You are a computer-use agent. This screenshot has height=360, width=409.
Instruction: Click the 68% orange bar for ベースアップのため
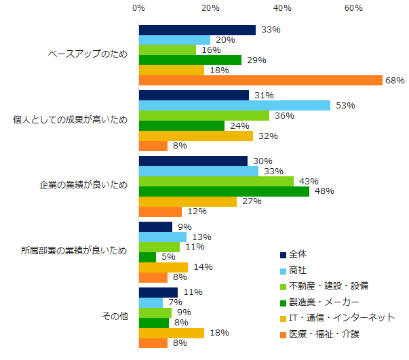260,80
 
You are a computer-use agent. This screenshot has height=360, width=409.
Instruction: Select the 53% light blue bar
234,105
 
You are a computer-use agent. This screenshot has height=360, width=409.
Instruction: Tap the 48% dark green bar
224,191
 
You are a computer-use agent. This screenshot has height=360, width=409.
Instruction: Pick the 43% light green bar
216,181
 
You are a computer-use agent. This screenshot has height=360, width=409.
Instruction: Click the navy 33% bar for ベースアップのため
197,30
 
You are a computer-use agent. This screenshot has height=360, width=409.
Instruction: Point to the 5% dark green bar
147,257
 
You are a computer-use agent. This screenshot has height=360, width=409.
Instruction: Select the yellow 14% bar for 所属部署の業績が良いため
163,267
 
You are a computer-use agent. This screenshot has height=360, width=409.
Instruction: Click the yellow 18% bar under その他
171,333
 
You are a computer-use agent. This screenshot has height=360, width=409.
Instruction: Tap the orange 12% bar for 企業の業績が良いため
160,212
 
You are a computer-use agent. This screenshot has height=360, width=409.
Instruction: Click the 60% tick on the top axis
353,8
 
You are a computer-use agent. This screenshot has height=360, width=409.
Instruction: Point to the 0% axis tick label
138,8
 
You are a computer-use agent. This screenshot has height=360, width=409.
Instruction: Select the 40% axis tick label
282,8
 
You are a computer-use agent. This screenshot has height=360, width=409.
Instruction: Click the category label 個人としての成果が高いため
71,120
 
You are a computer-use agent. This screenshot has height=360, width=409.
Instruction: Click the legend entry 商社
297,269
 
